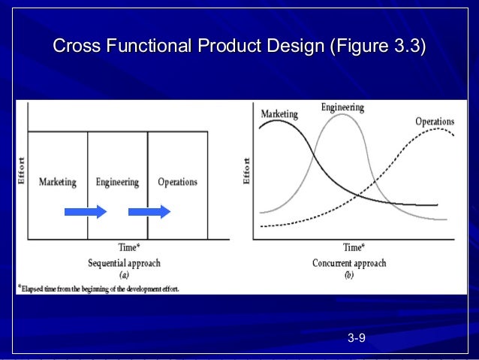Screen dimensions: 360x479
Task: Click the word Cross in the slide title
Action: point(77,47)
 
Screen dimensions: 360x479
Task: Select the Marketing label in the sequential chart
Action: point(57,182)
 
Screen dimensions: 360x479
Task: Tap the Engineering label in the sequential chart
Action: point(117,182)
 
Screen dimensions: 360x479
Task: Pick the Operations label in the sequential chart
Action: point(177,182)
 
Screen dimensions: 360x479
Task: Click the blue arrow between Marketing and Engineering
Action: point(86,212)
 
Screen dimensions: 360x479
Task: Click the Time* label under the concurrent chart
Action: point(354,247)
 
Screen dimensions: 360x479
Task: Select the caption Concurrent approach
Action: point(349,263)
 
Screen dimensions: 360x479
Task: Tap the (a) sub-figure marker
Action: point(125,275)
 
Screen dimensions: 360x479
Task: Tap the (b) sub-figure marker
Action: point(349,275)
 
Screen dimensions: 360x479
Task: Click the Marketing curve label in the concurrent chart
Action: point(279,115)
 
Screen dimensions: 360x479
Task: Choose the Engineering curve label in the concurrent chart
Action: point(342,107)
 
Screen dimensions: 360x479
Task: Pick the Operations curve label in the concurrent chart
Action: point(435,121)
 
